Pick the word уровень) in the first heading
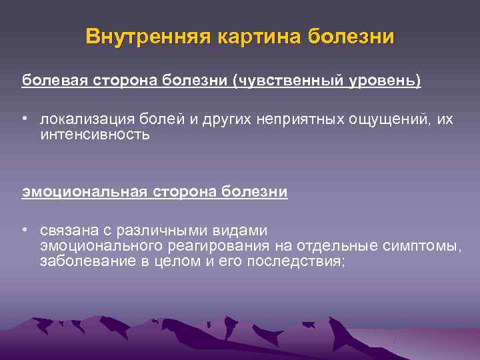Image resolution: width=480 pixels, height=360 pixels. click(387, 81)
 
